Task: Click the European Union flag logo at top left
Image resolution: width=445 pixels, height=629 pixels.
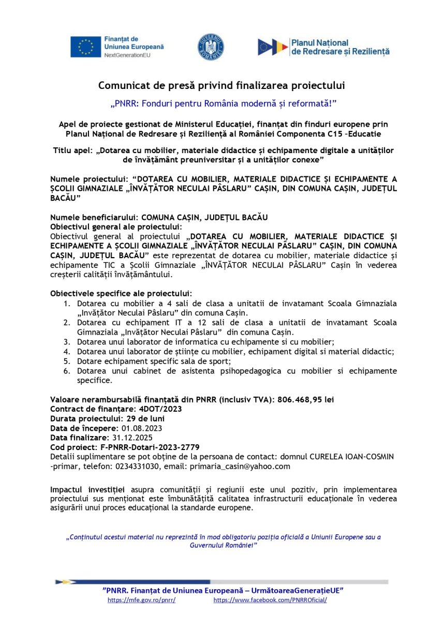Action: pyautogui.click(x=86, y=47)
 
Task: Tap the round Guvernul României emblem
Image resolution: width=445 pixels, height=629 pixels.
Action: pyautogui.click(x=211, y=47)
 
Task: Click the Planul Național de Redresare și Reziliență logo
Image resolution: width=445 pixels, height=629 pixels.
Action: pyautogui.click(x=323, y=47)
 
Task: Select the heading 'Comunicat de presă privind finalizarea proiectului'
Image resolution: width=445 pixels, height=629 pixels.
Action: pyautogui.click(x=221, y=85)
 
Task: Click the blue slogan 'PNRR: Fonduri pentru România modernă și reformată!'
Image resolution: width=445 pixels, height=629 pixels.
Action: pyautogui.click(x=223, y=103)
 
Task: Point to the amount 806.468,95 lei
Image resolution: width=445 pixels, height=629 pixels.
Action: pyautogui.click(x=308, y=399)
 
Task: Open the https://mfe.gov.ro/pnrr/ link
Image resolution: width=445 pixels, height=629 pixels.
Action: pyautogui.click(x=141, y=600)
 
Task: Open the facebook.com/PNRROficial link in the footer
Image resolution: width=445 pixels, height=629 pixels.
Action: pyautogui.click(x=270, y=600)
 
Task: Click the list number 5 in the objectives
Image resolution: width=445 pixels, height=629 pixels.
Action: pyautogui.click(x=67, y=361)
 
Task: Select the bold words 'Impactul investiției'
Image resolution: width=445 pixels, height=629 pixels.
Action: pyautogui.click(x=87, y=489)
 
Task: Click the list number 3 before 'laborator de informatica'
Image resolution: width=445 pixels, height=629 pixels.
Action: pyautogui.click(x=67, y=342)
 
